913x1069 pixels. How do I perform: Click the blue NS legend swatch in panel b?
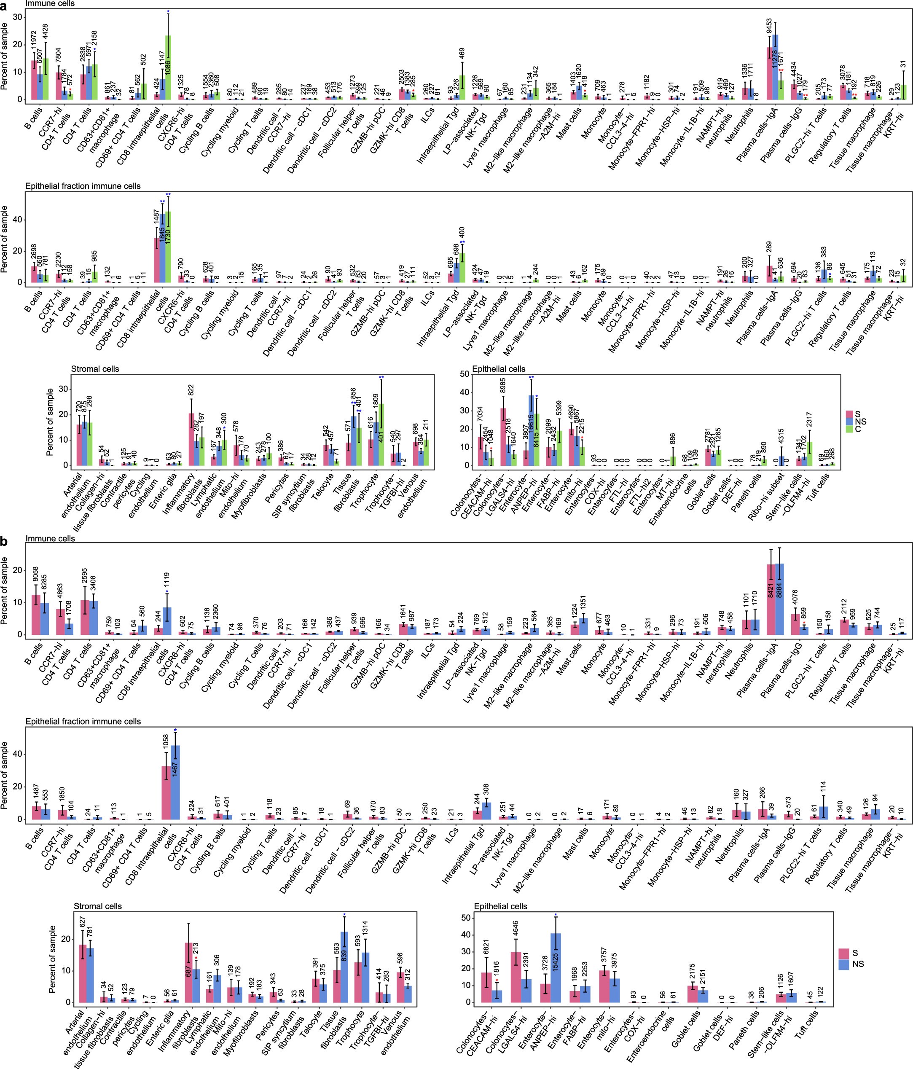coord(844,964)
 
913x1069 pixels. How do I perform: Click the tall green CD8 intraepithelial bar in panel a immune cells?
coord(168,67)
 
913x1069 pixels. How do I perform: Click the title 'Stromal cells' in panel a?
coord(95,369)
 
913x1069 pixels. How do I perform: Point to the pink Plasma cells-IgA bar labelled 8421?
coord(770,599)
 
